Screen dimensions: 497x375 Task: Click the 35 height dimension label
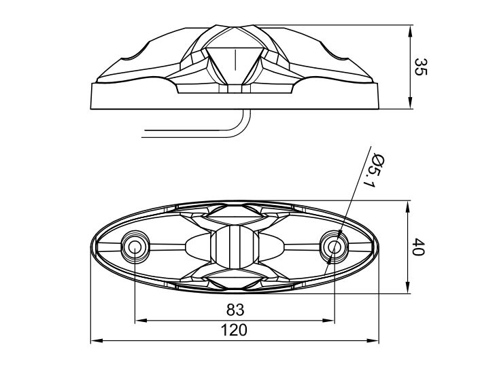tap(422, 67)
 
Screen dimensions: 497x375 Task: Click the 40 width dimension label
tap(418, 247)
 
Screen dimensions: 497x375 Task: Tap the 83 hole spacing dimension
tap(235, 310)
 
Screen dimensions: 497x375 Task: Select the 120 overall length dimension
tap(234, 330)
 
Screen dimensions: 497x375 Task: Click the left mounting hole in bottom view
tap(135, 247)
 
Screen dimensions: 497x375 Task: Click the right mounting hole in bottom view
tap(334, 247)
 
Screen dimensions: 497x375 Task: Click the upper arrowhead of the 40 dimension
tap(408, 207)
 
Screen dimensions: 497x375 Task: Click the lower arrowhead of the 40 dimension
tap(408, 287)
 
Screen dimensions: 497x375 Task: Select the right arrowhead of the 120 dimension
tap(373, 341)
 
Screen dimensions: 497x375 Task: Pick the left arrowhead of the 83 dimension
tap(141, 321)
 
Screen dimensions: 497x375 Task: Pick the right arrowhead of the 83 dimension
tap(328, 321)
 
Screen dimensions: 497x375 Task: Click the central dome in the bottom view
tap(235, 247)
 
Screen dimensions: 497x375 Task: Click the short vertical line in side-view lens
tap(235, 60)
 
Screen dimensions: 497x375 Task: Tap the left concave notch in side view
tap(135, 53)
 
